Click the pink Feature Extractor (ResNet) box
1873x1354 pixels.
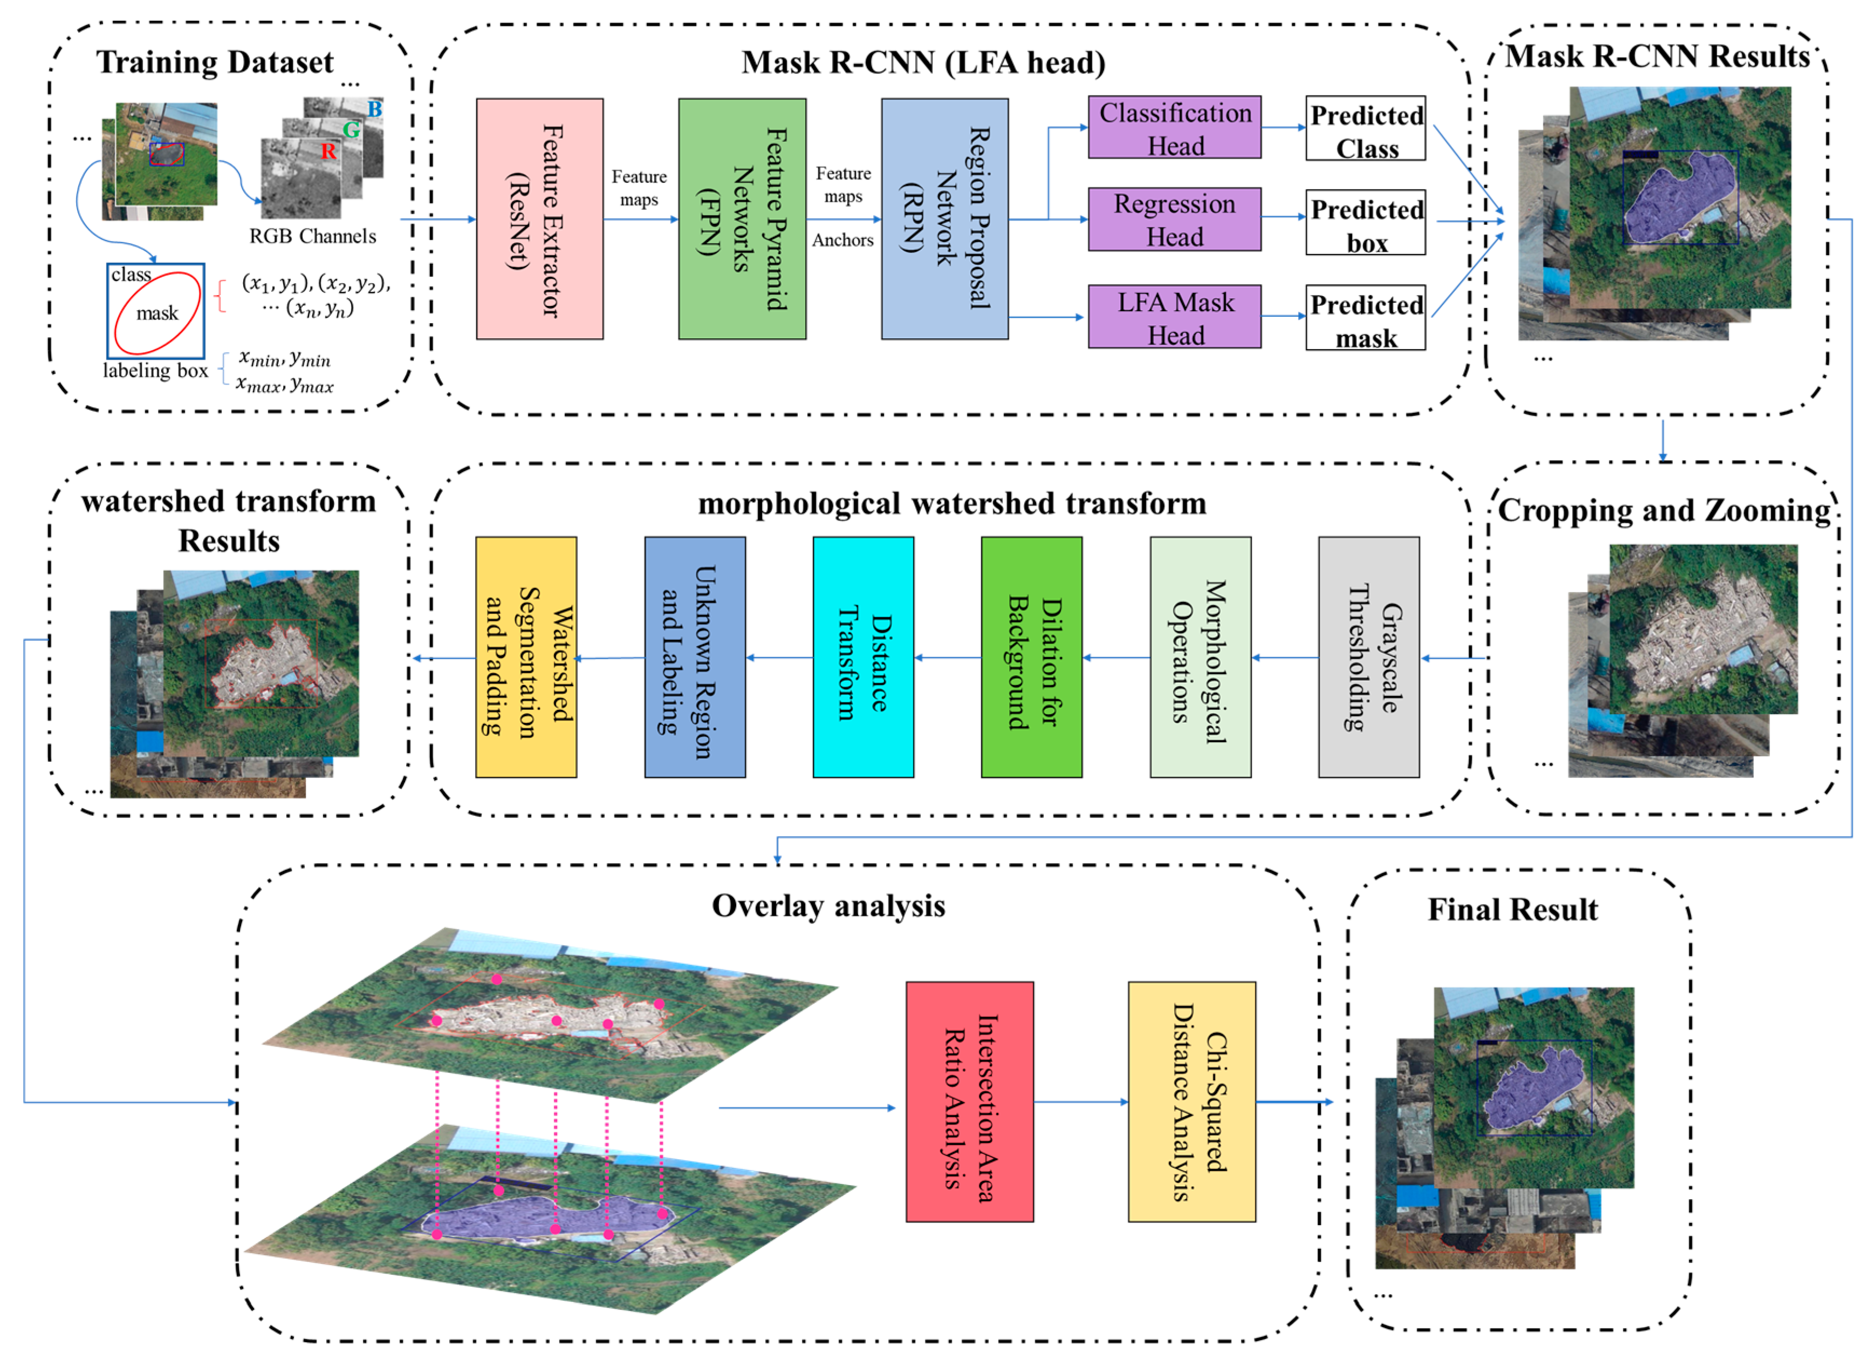(539, 219)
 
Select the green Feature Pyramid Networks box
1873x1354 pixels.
(742, 219)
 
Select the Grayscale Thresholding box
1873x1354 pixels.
(1368, 658)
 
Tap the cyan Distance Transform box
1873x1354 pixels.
(863, 658)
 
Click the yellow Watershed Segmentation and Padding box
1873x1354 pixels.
(526, 658)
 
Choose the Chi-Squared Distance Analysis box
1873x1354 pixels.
(1192, 1102)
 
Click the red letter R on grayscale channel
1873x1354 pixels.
(328, 151)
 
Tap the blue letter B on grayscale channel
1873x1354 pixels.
(374, 109)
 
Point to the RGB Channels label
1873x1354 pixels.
(312, 236)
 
